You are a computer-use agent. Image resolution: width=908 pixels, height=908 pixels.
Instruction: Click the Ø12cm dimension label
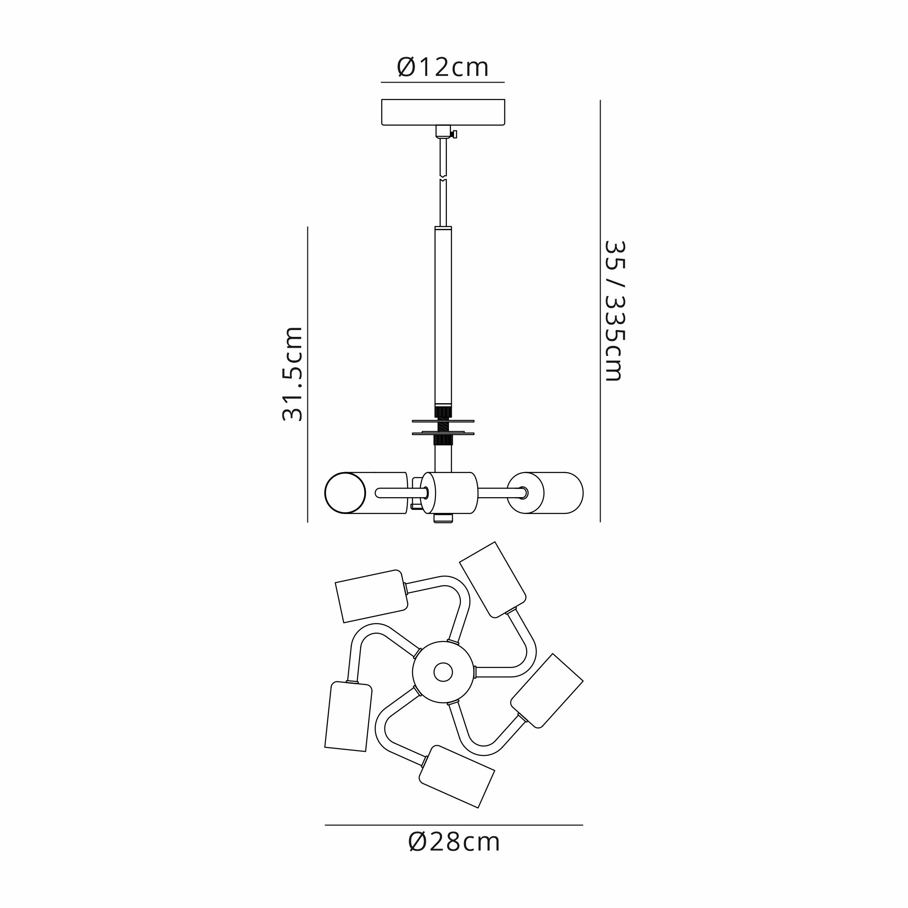[x=443, y=68]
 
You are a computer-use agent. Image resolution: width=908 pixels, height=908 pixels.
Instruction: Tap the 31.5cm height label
[x=292, y=374]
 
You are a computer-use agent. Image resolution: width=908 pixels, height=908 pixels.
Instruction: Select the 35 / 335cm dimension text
[x=615, y=311]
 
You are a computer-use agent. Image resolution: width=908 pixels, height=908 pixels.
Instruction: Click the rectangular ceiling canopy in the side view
[x=443, y=112]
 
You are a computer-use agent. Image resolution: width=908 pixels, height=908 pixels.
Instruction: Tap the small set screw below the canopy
[x=454, y=134]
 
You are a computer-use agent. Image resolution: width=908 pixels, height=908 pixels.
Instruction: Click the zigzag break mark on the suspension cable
[x=442, y=177]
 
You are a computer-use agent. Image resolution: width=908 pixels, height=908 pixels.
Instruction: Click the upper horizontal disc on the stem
[x=443, y=421]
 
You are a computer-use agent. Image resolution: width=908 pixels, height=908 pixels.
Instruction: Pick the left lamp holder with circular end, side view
[x=365, y=493]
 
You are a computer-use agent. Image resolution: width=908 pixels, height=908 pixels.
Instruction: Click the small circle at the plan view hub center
[x=443, y=672]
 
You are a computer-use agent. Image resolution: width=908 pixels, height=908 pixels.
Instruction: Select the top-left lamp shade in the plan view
[x=371, y=596]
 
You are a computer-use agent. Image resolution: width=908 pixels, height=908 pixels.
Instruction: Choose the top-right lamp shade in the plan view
[x=493, y=579]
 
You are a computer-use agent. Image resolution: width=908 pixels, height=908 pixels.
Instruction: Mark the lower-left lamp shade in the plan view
[x=348, y=716]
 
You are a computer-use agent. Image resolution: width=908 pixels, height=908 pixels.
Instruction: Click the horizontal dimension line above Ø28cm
[x=454, y=825]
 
